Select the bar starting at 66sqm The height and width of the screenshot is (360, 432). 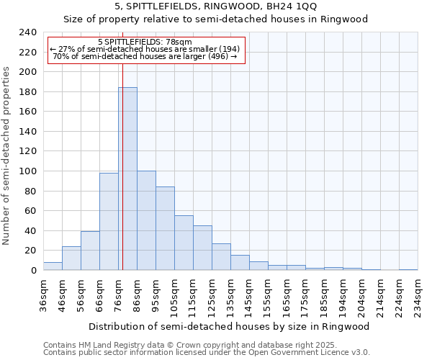click(109, 221)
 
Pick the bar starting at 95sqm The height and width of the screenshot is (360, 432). click(165, 228)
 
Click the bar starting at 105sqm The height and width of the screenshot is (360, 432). click(184, 243)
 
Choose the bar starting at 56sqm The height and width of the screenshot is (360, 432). click(90, 251)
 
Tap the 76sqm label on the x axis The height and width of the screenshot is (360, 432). click(119, 294)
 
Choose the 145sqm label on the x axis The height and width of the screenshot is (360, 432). click(250, 294)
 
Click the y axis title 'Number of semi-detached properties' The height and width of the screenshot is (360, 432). click(7, 156)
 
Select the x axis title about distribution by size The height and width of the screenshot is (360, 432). click(230, 326)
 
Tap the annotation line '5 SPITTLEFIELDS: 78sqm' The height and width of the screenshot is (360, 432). click(145, 42)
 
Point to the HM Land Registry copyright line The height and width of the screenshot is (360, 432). click(180, 345)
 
